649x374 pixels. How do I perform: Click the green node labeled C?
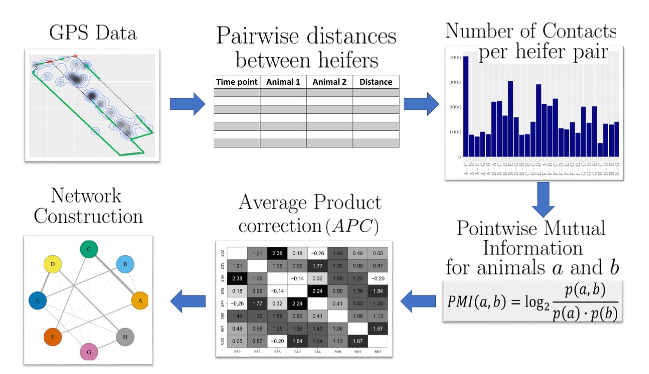(x=89, y=249)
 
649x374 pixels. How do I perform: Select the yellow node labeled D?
(x=53, y=264)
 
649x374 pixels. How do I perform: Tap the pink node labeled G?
(x=89, y=352)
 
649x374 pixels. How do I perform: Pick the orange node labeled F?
(x=53, y=337)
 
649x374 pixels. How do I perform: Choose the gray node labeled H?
(x=125, y=337)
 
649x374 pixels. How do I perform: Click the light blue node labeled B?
(x=125, y=264)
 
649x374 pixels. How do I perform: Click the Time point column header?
(x=237, y=82)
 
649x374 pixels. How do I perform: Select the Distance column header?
(x=376, y=82)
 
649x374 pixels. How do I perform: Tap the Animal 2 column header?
(x=329, y=82)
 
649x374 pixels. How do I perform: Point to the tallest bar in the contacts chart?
(x=466, y=106)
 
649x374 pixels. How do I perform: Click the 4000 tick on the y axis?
(x=455, y=57)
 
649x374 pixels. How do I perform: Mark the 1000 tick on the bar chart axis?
(x=455, y=132)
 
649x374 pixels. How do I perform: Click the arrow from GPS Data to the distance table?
(x=187, y=104)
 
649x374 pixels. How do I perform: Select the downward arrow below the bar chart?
(x=543, y=199)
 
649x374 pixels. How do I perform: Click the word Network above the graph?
(x=86, y=196)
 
